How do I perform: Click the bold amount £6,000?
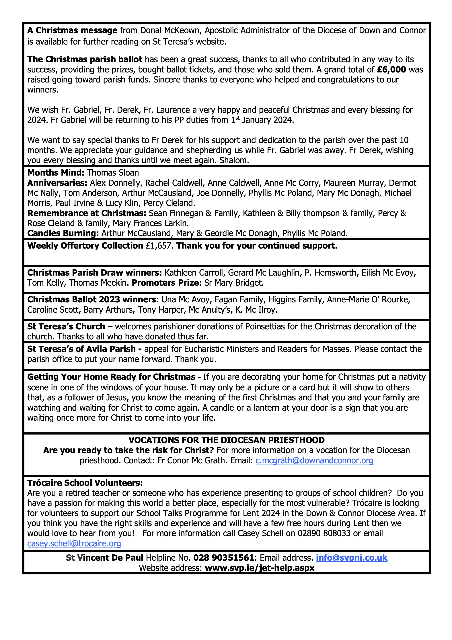coord(391,69)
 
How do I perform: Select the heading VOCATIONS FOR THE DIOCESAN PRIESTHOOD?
coord(226,440)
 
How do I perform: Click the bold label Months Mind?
coord(56,173)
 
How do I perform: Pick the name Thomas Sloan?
coord(113,173)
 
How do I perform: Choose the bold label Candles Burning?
coord(63,233)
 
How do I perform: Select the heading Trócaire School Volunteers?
coord(85,483)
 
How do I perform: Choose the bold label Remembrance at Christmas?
coord(87,213)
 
